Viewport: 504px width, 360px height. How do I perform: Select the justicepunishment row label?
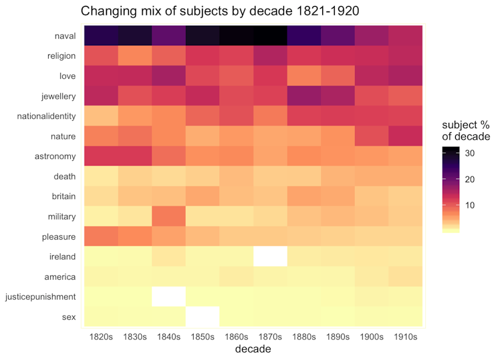(40, 297)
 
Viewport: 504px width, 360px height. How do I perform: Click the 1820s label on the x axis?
(100, 337)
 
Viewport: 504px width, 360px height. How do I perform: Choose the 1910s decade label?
(406, 337)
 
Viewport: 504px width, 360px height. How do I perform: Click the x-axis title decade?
(253, 349)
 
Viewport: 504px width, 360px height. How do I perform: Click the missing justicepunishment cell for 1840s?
(168, 297)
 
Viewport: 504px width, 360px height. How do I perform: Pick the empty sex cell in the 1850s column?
(203, 317)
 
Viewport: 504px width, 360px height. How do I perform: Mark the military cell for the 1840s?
(168, 216)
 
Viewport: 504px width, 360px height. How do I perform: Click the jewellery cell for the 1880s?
(304, 96)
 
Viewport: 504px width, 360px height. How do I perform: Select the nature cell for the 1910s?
(406, 136)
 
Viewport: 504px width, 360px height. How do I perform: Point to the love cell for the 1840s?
(168, 76)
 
